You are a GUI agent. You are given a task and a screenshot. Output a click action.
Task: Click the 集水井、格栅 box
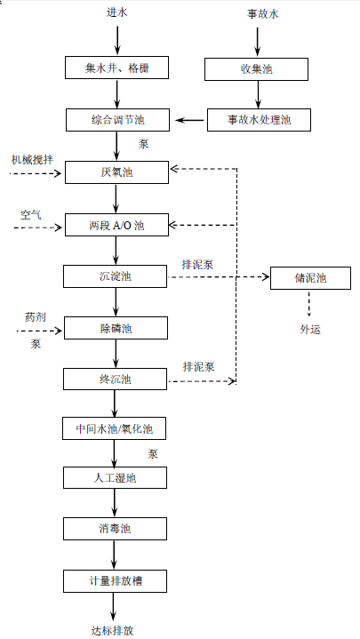point(116,68)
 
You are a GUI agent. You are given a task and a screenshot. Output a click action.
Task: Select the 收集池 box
point(256,69)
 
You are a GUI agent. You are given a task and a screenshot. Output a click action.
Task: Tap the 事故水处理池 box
point(259,120)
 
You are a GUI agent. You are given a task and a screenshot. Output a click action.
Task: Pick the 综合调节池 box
point(117,120)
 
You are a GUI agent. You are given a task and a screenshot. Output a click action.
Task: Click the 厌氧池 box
point(116,172)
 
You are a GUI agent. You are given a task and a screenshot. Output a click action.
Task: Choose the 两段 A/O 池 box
point(116,225)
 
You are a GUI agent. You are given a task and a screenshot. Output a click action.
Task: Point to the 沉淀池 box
point(115,276)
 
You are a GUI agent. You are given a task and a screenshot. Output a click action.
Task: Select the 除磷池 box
point(116,328)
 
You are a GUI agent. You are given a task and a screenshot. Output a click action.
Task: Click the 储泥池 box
point(310,278)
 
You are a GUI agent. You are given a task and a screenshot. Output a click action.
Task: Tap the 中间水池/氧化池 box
point(114,428)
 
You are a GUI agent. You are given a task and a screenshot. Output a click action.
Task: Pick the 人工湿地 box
point(115,477)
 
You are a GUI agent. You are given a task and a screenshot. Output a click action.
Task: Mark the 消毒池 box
point(115,529)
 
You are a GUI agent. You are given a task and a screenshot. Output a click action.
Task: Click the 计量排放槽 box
point(115,581)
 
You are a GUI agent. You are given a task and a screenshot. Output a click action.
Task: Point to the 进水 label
point(117,12)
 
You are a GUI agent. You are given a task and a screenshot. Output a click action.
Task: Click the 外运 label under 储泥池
point(310,330)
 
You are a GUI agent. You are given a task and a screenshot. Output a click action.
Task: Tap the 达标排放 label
point(112,630)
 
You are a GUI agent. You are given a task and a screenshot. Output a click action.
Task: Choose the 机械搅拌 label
point(32,159)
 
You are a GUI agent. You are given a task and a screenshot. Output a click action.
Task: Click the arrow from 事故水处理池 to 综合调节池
point(189,120)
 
